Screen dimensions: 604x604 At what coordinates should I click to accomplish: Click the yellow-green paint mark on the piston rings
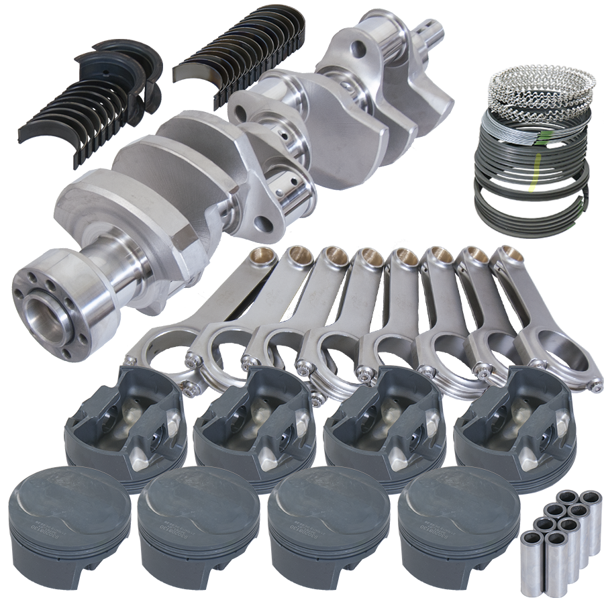click(536, 173)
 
